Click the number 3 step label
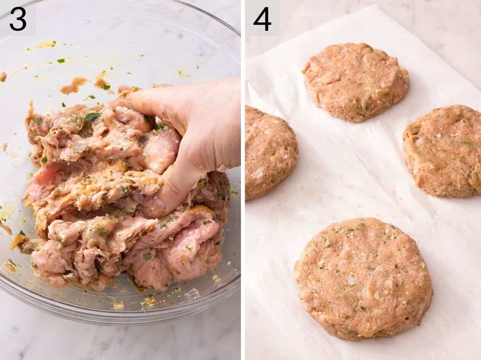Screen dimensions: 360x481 click(18, 19)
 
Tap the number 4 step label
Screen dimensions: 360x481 click(263, 19)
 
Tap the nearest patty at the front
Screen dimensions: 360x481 click(363, 278)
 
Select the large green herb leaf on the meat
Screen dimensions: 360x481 click(92, 117)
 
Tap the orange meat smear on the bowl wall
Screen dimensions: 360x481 click(74, 85)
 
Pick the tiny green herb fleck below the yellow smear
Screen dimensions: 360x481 click(61, 61)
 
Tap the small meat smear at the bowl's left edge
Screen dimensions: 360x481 click(3, 76)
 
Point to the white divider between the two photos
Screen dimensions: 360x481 click(243, 180)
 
